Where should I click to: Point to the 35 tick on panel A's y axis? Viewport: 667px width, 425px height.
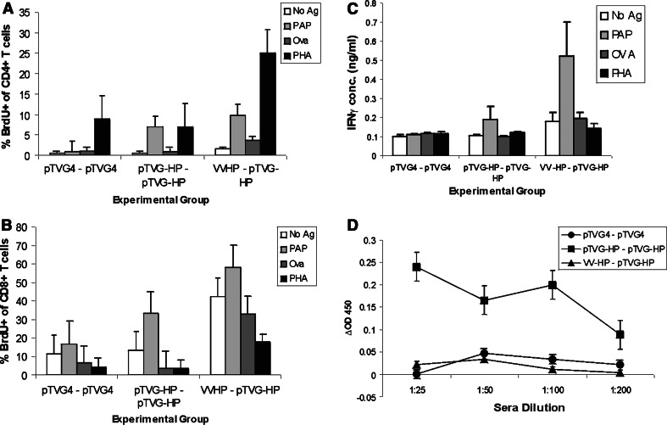coord(34,14)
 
